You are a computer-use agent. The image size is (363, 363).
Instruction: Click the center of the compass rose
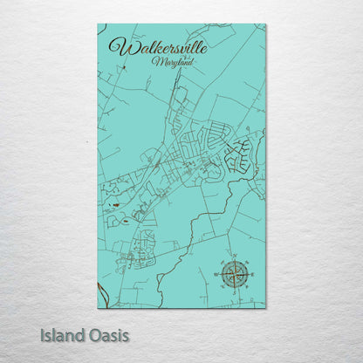pyautogui.click(x=234, y=274)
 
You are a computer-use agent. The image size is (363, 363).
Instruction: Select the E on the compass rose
pyautogui.click(x=251, y=274)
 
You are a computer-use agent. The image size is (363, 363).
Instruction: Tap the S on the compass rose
pyautogui.click(x=234, y=291)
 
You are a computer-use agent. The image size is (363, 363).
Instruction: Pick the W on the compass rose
pyautogui.click(x=217, y=274)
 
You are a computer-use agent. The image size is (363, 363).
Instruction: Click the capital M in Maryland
pyautogui.click(x=154, y=62)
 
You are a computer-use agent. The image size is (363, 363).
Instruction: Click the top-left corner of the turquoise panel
pyautogui.click(x=98, y=24)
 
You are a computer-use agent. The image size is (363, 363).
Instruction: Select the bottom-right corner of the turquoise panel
pyautogui.click(x=265, y=307)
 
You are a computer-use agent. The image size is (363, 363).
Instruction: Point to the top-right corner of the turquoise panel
pyautogui.click(x=265, y=24)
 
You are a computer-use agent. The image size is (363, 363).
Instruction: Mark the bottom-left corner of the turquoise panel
pyautogui.click(x=98, y=307)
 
